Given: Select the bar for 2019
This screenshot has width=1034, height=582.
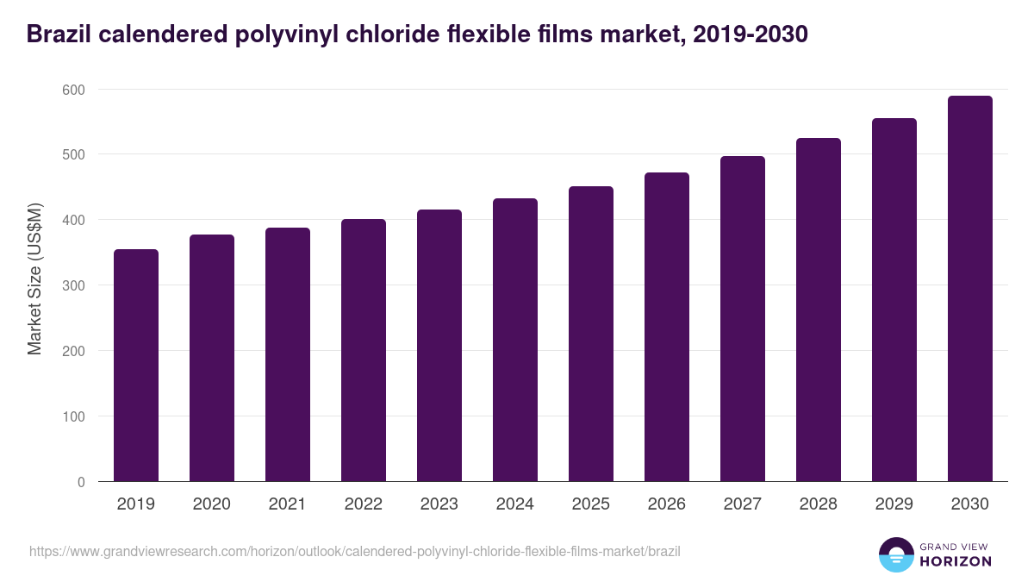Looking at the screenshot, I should click(x=136, y=366).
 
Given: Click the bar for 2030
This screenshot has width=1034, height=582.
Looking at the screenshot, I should click(x=970, y=289).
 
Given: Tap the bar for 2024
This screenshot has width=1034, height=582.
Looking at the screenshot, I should click(x=515, y=340).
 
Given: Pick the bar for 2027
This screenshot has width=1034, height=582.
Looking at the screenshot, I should click(x=743, y=319).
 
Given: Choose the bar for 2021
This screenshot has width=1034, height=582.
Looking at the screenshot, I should click(x=288, y=354).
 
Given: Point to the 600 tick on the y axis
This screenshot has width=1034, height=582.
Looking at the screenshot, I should click(x=74, y=90).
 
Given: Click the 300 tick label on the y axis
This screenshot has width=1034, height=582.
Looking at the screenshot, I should click(x=74, y=285).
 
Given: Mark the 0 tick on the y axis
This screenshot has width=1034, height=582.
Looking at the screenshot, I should click(x=81, y=482).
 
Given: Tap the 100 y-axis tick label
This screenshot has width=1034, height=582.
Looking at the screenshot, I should click(x=74, y=416).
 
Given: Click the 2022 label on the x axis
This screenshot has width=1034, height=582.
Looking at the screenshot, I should click(x=364, y=504).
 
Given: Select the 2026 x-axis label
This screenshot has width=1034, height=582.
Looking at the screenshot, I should click(x=667, y=504).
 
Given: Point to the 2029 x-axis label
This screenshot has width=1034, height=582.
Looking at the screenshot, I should click(x=894, y=504).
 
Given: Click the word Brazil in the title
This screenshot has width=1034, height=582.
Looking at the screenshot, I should click(x=58, y=34).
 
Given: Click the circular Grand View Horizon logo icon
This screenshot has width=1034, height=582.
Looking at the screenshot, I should click(x=896, y=555).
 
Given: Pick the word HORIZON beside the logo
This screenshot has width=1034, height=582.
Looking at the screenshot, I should click(x=956, y=561).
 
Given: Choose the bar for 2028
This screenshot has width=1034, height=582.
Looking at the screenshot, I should click(x=819, y=310).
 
